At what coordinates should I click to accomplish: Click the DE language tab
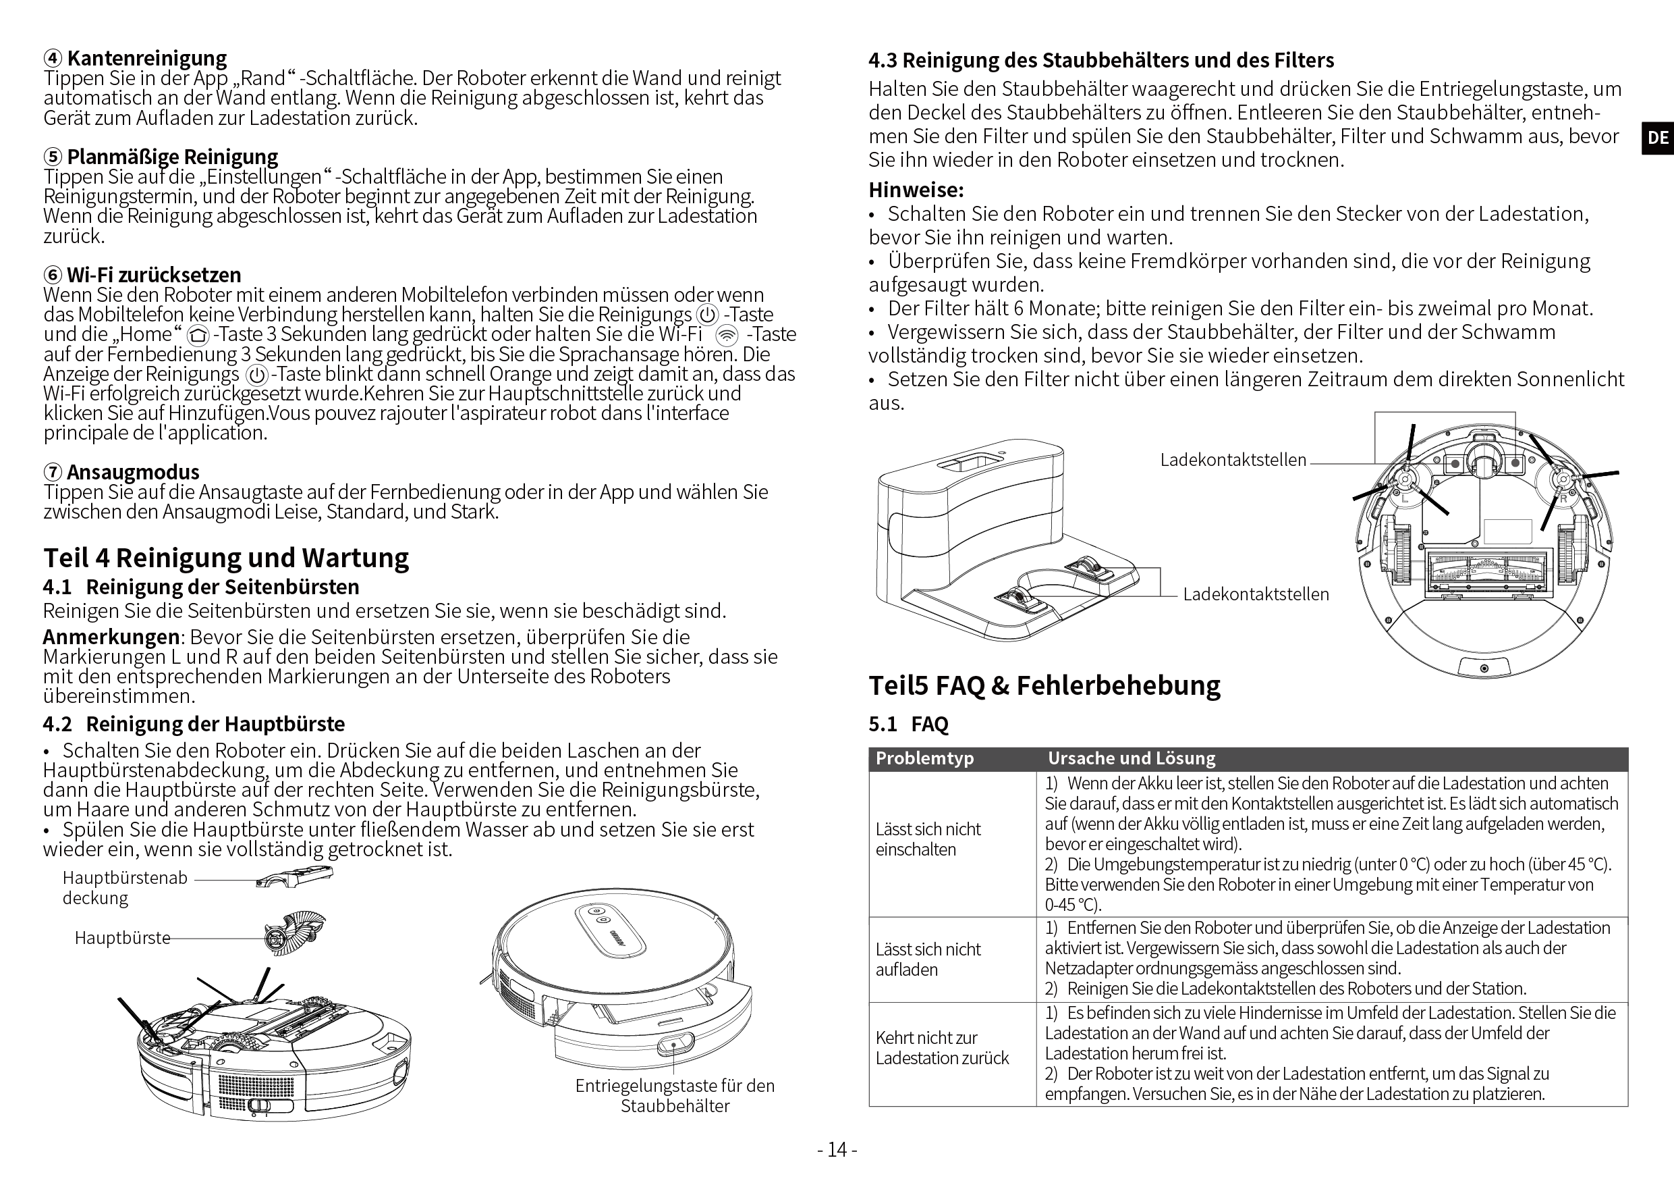1657,138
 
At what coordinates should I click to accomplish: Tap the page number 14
837,1151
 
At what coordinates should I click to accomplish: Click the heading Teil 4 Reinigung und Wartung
226,557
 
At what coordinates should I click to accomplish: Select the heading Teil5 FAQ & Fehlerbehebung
1044,685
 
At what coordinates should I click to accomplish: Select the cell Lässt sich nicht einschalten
928,839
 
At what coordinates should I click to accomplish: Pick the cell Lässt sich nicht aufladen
928,960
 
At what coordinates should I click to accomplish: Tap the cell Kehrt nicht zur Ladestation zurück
942,1047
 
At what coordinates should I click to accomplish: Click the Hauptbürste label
123,937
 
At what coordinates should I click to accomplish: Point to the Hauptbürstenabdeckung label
125,888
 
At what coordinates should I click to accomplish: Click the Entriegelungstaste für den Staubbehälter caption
675,1096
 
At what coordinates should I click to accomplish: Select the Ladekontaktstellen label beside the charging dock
1256,594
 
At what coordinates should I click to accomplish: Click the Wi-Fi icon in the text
726,335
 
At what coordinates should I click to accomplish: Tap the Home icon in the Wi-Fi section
198,336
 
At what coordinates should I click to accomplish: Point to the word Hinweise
916,190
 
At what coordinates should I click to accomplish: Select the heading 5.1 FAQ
908,725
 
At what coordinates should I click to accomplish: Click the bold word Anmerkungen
111,637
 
